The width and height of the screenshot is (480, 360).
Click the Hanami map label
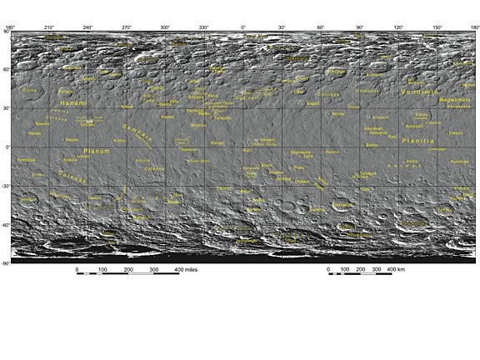point(73,102)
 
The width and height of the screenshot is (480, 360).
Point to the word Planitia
point(418,142)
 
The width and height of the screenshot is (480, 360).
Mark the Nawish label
point(42,123)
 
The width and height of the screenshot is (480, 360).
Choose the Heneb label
point(34,133)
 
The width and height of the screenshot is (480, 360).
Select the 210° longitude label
point(48,27)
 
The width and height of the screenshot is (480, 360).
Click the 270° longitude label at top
point(127,27)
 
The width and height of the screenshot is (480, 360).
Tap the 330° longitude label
point(204,27)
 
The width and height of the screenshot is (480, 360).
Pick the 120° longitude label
point(398,27)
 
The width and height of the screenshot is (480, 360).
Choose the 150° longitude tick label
point(437,27)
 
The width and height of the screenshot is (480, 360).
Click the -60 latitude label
point(6,225)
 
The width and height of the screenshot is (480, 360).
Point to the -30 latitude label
point(6,186)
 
